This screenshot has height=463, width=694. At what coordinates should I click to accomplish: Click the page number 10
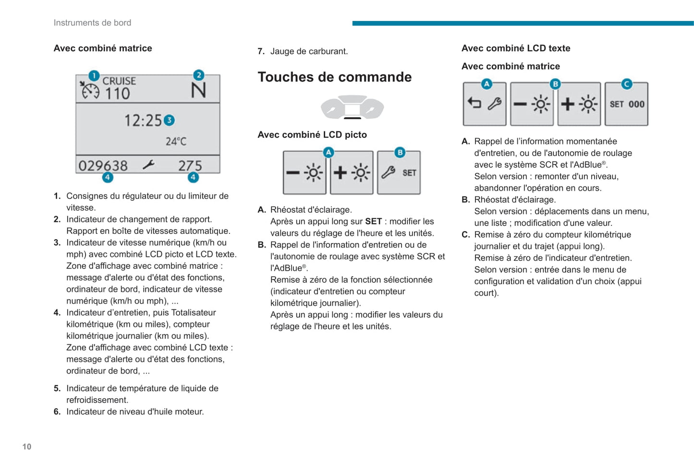coord(27,447)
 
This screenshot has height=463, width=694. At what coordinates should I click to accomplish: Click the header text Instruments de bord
coord(92,23)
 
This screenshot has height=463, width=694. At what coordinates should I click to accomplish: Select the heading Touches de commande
coord(334,77)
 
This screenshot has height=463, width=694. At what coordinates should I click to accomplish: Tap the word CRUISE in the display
coord(119,81)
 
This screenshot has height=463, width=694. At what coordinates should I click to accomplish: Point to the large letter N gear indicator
coord(198,91)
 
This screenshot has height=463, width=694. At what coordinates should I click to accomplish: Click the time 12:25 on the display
coord(143,120)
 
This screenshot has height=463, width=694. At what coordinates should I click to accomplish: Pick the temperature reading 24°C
coord(176,141)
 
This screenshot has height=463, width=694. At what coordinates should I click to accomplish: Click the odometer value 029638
coord(103,166)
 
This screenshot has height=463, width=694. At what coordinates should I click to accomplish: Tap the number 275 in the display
coord(190,166)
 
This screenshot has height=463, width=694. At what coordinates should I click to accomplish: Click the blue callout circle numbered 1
coord(94,75)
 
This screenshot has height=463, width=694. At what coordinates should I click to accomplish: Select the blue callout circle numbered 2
coord(198,75)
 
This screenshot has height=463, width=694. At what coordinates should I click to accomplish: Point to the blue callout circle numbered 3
coord(169,120)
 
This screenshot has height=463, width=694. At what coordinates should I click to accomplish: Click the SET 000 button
coord(626,104)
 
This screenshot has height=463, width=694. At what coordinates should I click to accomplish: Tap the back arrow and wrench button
coord(484,104)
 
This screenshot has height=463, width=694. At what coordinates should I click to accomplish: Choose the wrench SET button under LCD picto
coord(399,173)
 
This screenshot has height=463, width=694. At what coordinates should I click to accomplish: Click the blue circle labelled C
coord(626,84)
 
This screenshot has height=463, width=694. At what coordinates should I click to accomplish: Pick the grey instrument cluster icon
coord(352,107)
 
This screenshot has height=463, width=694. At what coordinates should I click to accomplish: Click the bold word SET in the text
coord(373,221)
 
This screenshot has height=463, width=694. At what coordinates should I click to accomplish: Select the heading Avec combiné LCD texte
coord(516,48)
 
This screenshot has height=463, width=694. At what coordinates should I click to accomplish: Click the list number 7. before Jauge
coord(261,51)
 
